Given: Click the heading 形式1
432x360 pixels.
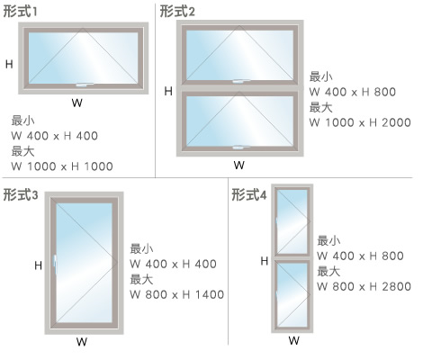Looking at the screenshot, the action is [x=20, y=12].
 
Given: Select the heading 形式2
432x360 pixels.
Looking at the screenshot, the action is [x=177, y=12].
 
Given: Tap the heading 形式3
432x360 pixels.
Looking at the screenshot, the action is [x=21, y=194].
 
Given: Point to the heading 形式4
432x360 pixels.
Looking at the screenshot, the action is [x=249, y=194].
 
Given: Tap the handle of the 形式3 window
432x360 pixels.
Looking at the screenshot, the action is [x=55, y=265].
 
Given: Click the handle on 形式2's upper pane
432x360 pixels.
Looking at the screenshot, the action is [x=241, y=81].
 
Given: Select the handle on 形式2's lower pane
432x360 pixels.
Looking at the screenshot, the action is [x=241, y=147].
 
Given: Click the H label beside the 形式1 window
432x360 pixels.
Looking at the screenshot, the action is [x=9, y=64].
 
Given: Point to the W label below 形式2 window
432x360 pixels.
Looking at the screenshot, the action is [x=239, y=165].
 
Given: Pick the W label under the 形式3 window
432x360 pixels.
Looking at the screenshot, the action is [x=82, y=341].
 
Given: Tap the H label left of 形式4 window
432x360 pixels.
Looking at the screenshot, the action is [x=265, y=261].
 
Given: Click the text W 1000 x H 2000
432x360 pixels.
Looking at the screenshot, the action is [x=360, y=122].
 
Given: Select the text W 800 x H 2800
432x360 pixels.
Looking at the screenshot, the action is [x=364, y=286].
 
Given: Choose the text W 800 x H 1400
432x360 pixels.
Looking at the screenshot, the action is [x=177, y=294].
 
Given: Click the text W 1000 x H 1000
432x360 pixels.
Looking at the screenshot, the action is [x=62, y=166].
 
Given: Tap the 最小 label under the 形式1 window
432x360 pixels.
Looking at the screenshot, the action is [x=22, y=121].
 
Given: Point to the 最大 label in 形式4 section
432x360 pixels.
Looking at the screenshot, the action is [x=328, y=271].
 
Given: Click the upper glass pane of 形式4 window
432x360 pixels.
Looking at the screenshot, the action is [x=292, y=222].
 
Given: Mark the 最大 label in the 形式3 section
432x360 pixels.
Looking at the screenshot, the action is [x=141, y=279].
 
